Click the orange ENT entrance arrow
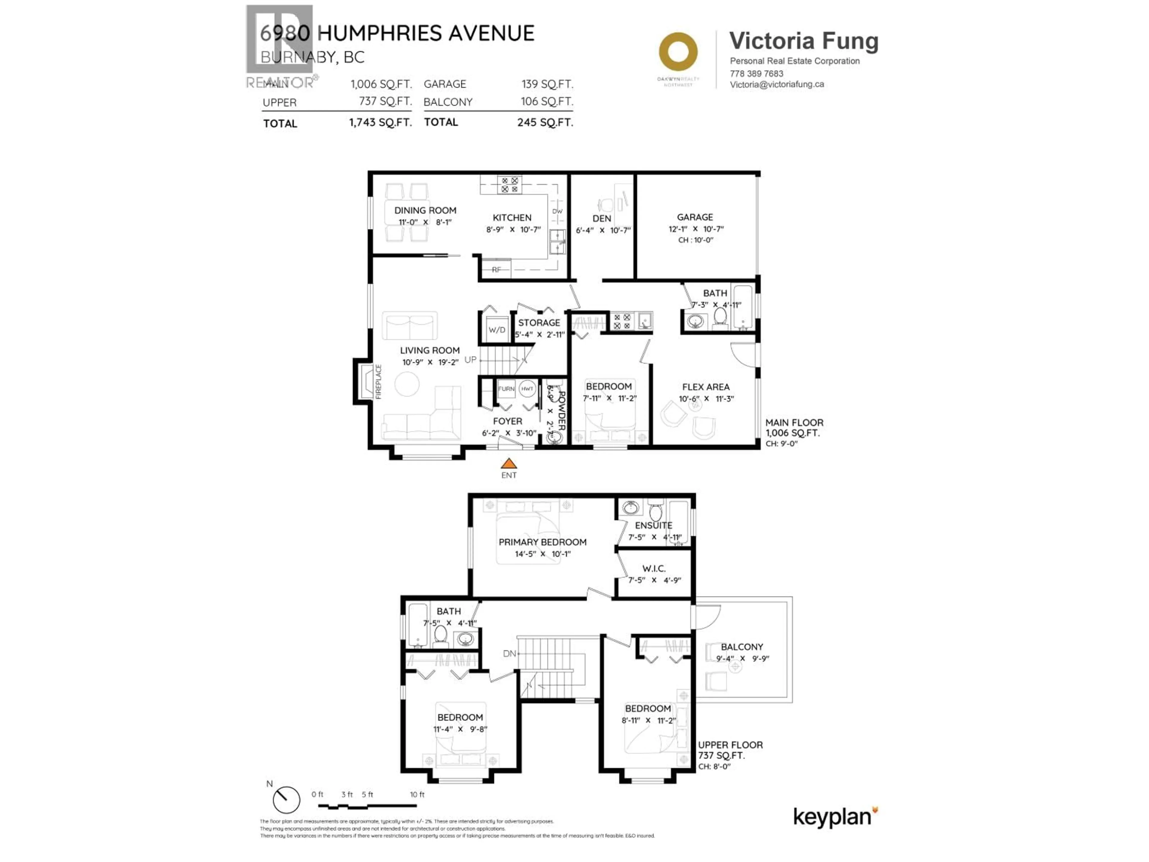click(509, 463)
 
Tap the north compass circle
click(286, 800)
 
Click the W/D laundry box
click(497, 330)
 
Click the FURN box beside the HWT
click(506, 389)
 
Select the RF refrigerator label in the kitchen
click(497, 270)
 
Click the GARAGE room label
click(694, 217)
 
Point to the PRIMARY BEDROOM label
click(542, 542)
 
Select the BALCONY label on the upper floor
click(742, 647)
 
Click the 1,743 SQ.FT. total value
click(380, 123)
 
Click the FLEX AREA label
click(705, 387)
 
